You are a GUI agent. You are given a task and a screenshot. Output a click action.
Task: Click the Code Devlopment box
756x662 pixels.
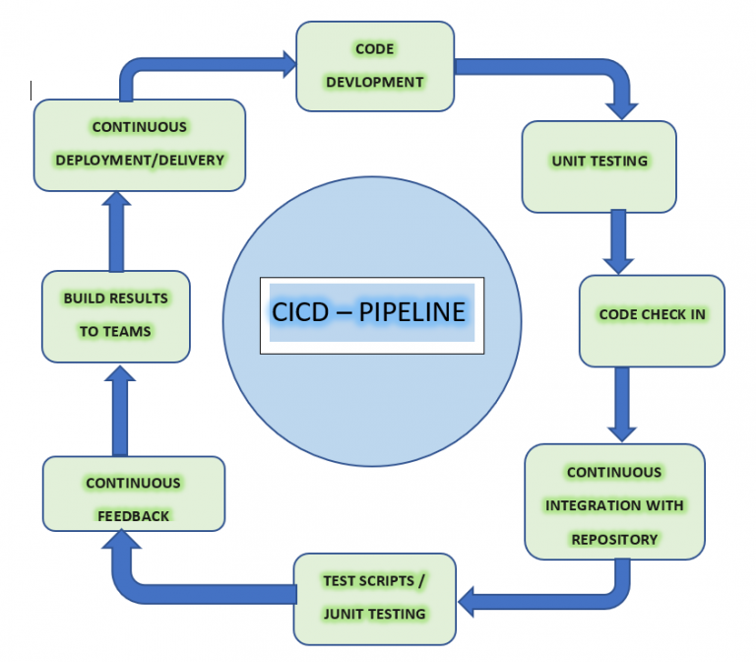tap(375, 66)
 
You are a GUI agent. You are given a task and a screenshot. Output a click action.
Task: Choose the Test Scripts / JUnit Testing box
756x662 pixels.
tap(375, 597)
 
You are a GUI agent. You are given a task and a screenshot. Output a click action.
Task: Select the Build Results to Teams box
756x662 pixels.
tap(115, 315)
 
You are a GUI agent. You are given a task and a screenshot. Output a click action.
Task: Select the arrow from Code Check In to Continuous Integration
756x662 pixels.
tap(620, 404)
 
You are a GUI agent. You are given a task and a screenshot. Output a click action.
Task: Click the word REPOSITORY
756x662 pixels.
tap(614, 540)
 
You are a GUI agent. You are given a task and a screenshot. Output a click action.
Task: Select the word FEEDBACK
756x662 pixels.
tap(133, 516)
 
